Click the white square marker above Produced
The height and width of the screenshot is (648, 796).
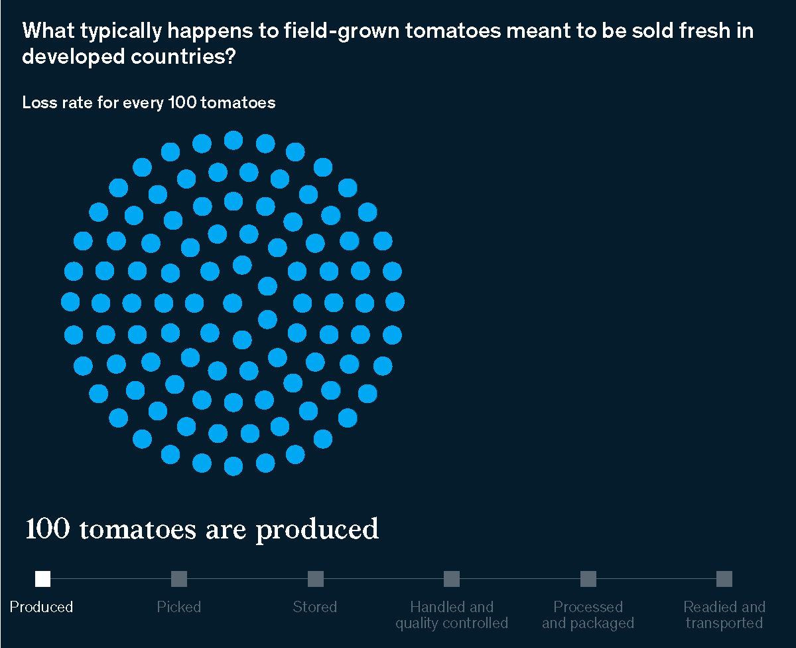42,579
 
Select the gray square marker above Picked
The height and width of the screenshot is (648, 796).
179,579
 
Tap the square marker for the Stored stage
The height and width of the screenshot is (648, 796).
316,579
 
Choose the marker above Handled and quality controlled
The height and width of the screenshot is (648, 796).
452,579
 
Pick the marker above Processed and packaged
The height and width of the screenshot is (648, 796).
588,579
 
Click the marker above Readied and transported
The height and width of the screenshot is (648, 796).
724,579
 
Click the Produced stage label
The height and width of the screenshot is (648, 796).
41,607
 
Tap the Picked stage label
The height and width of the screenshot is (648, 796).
179,607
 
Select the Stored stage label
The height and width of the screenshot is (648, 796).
315,607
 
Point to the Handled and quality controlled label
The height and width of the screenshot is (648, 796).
452,615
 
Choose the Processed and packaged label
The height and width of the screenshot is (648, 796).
588,615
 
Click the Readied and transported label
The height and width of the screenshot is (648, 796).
724,615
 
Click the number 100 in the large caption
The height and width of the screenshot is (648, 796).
47,529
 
